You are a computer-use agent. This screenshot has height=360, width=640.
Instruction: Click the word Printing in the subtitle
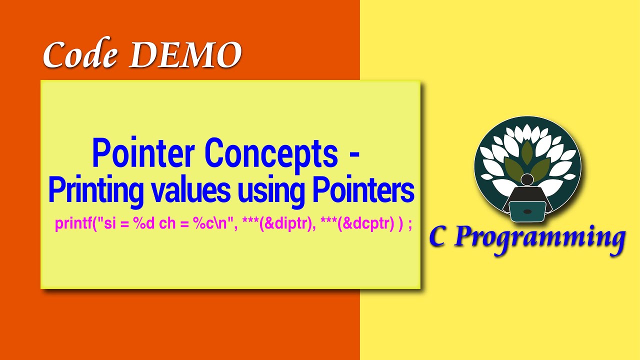click(94, 191)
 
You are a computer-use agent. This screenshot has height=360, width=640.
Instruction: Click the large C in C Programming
click(438, 237)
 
